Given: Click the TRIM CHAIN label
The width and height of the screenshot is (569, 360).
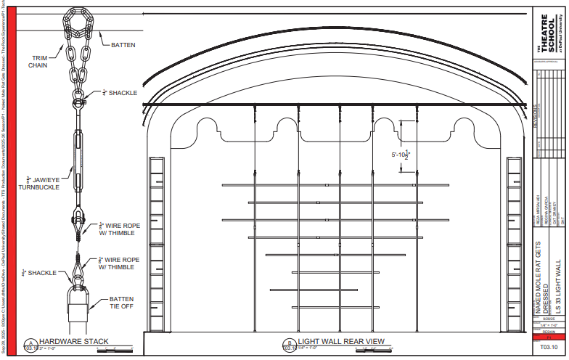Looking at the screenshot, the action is point(39,61).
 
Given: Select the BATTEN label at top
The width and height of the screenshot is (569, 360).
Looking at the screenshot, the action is point(123,45).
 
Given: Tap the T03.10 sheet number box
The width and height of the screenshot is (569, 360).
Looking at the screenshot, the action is point(549,348).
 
